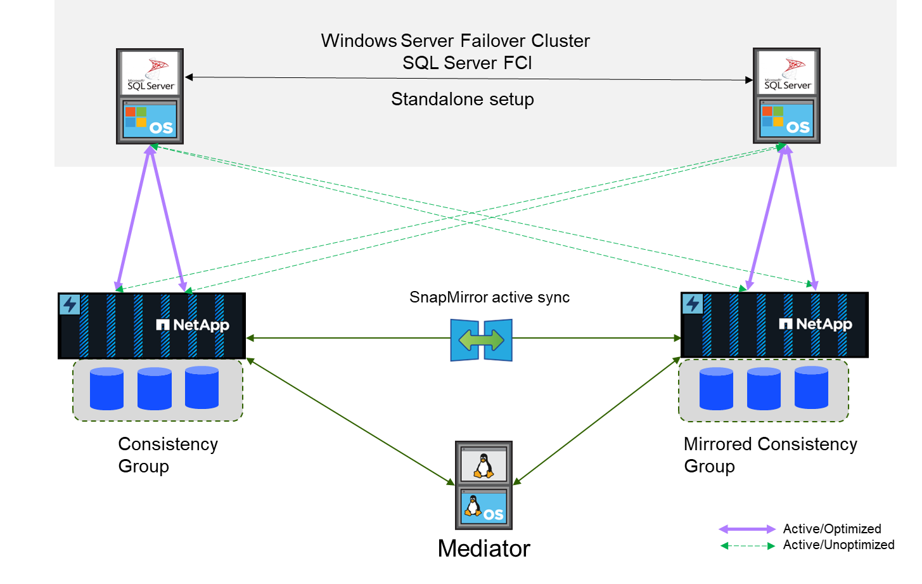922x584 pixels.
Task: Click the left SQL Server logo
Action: click(x=150, y=74)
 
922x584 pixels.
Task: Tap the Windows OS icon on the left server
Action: click(x=150, y=120)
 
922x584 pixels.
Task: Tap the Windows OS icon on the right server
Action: click(x=786, y=120)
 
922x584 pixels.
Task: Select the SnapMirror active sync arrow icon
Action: click(x=481, y=340)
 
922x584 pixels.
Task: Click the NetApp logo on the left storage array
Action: click(x=193, y=325)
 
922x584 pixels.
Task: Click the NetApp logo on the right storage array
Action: click(x=816, y=325)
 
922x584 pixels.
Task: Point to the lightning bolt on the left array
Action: click(x=69, y=304)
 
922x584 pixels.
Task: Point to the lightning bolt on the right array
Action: click(x=692, y=304)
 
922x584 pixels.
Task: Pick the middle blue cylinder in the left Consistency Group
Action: click(x=155, y=388)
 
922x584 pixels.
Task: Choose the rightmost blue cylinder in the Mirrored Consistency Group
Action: click(x=811, y=387)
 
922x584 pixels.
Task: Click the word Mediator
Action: click(x=483, y=548)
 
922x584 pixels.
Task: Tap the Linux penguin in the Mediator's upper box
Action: click(x=483, y=466)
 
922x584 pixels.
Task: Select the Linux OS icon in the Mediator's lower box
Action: click(x=483, y=507)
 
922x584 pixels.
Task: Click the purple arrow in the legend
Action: click(x=746, y=529)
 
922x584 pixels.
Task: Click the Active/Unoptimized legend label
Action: click(x=838, y=545)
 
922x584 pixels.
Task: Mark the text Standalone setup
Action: click(x=463, y=100)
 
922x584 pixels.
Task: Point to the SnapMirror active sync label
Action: click(x=489, y=297)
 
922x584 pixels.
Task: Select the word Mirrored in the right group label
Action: click(x=717, y=444)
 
